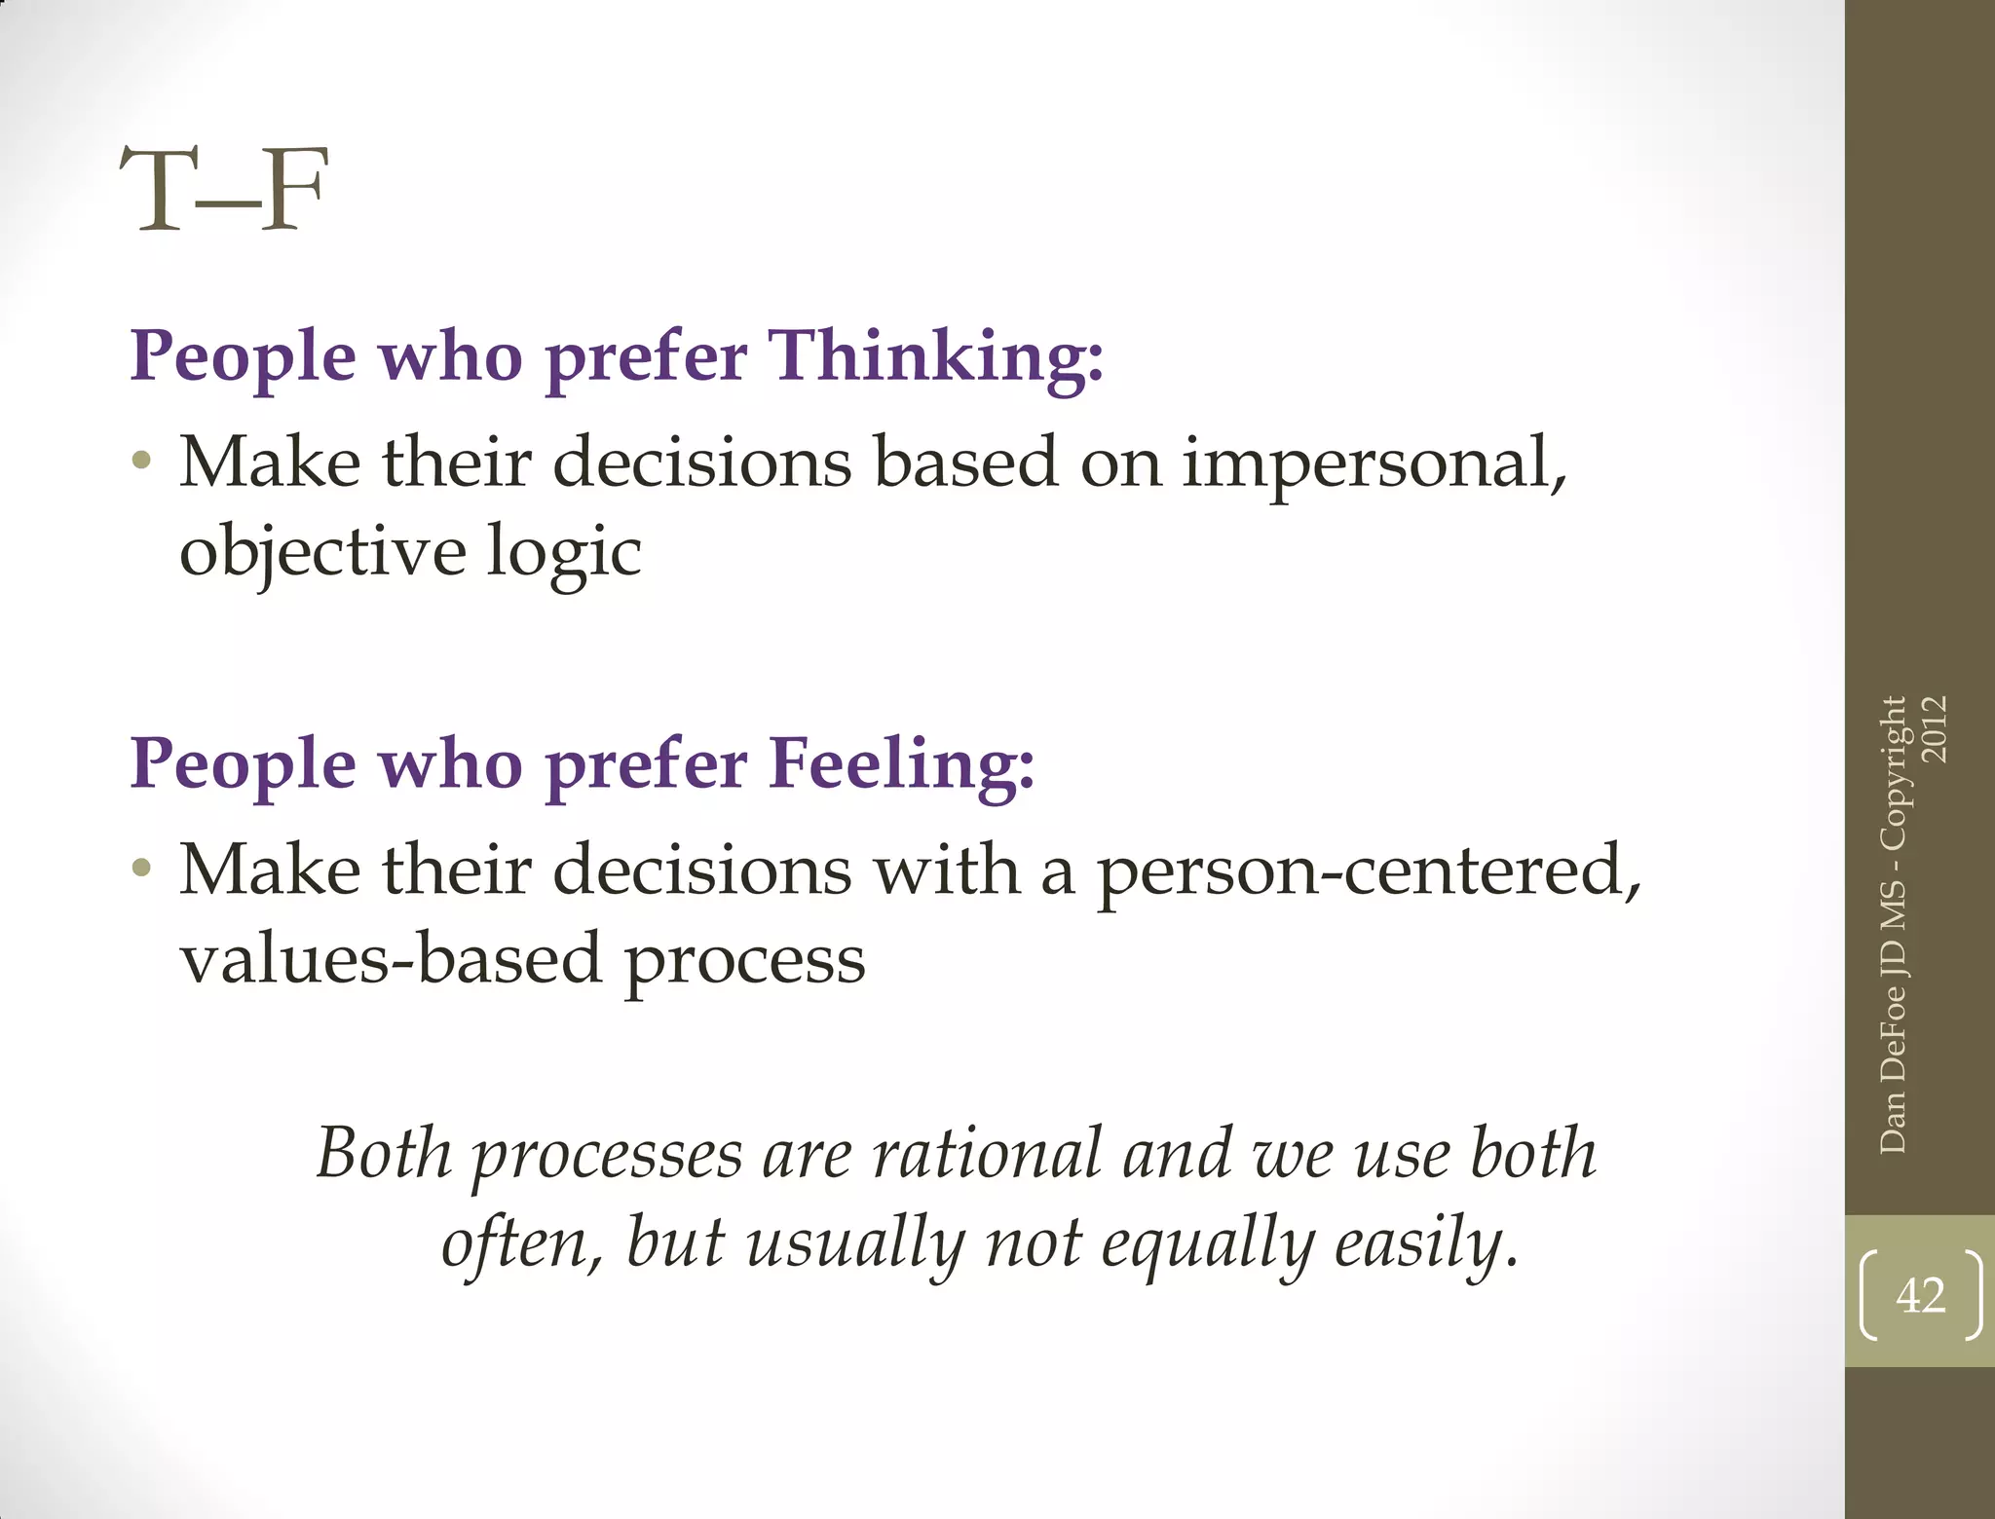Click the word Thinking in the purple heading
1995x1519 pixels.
click(x=937, y=356)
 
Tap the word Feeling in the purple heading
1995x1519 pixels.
click(x=901, y=764)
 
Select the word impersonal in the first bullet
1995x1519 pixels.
click(x=1374, y=463)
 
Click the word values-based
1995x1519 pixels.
click(x=391, y=960)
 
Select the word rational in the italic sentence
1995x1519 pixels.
click(x=986, y=1155)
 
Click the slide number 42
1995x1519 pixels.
click(x=1920, y=1296)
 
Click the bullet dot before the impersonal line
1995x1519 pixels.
click(x=142, y=460)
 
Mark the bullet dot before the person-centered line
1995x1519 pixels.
click(x=142, y=868)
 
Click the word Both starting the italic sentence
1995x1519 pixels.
click(x=384, y=1155)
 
